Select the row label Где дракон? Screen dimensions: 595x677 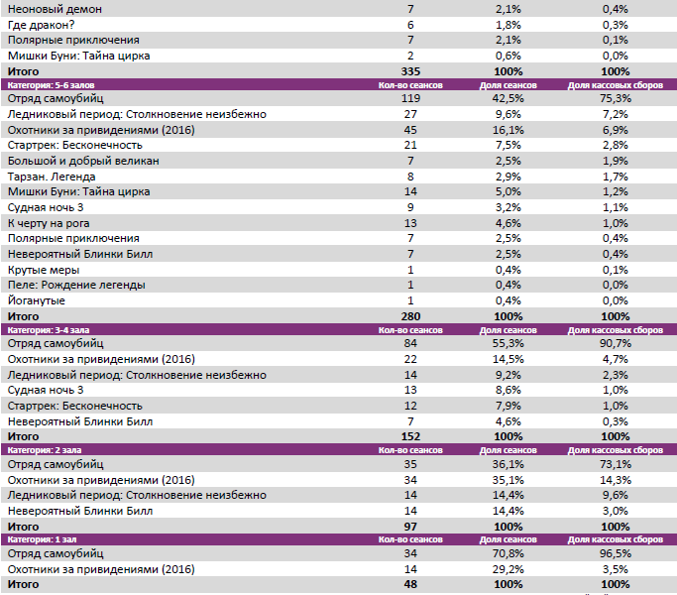tap(42, 24)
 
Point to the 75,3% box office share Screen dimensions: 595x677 tap(614, 99)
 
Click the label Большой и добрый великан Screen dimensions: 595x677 tap(83, 161)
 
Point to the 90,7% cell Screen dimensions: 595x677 tap(614, 343)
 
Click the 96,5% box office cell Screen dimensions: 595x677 tap(614, 554)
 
